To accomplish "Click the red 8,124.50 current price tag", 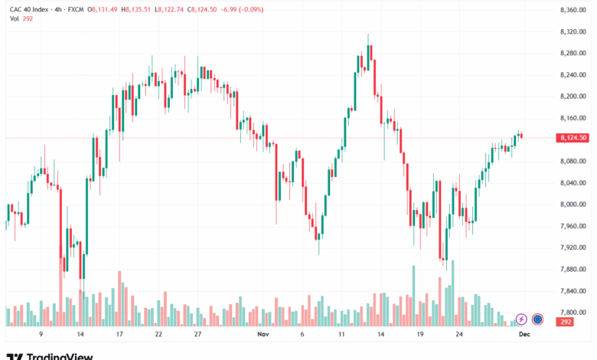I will [573, 138].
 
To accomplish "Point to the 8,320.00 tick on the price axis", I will [573, 31].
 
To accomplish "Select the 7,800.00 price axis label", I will [573, 313].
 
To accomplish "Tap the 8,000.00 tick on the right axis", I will [573, 205].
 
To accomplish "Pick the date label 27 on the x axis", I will [197, 335].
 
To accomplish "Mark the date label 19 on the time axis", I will [419, 335].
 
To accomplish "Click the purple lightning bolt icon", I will [521, 319].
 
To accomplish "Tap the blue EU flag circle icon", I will [537, 319].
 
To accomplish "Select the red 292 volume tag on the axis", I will [567, 323].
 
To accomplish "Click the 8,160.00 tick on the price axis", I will [573, 118].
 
